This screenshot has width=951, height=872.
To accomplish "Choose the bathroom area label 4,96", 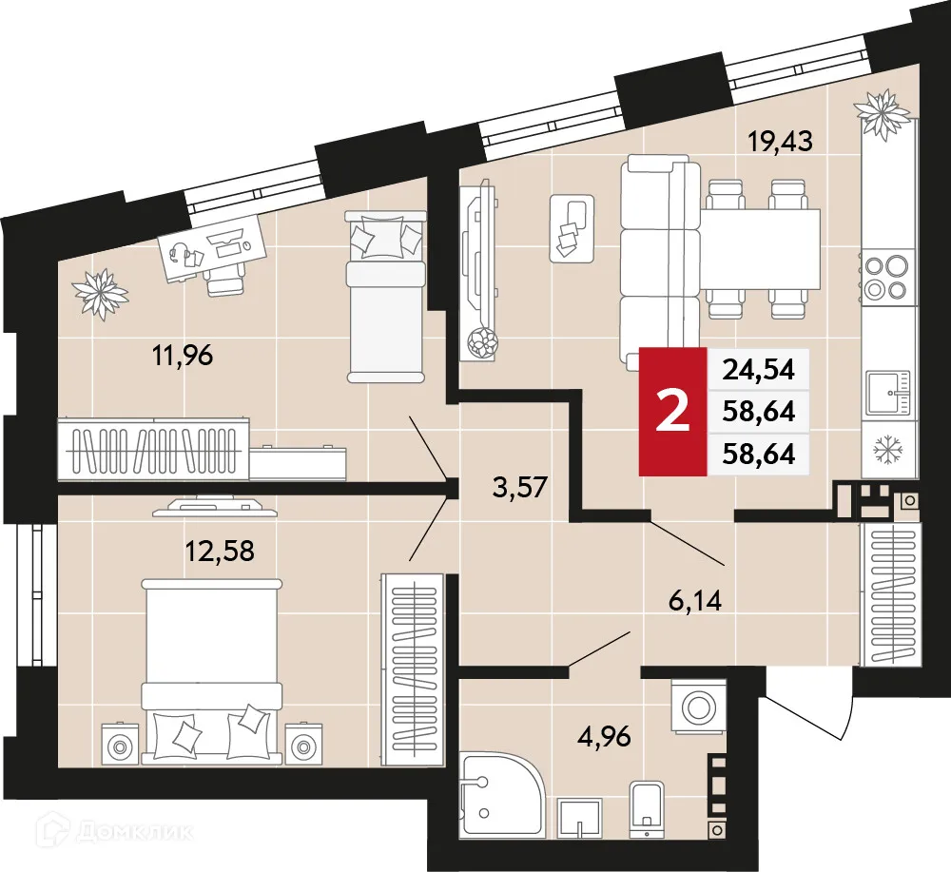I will coord(605,734).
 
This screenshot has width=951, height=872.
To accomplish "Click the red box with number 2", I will coord(673,412).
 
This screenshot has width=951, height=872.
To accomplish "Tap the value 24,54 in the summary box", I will coord(758,368).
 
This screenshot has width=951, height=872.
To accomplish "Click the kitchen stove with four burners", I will coord(888,278).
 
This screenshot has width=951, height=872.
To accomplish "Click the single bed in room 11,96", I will coord(383,295).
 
